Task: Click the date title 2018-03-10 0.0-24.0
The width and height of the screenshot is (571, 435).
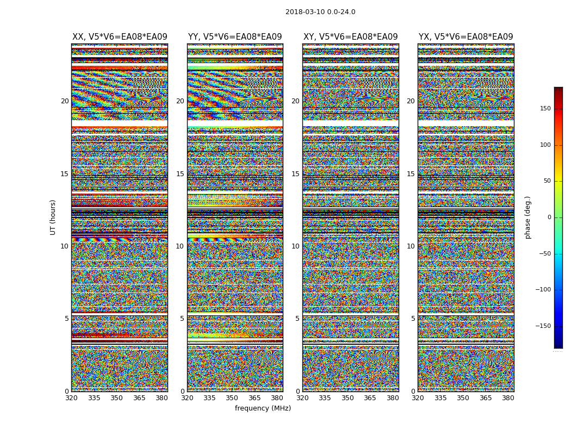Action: (320, 12)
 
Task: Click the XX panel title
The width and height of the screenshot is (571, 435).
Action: (120, 37)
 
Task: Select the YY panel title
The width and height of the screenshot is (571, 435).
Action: (235, 37)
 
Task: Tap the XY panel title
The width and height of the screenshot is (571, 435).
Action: (350, 37)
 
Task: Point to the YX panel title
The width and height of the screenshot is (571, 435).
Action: (466, 37)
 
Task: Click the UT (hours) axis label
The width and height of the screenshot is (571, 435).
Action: (53, 217)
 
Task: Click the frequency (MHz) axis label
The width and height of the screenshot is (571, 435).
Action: (263, 408)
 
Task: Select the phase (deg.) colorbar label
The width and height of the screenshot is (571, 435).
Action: (527, 217)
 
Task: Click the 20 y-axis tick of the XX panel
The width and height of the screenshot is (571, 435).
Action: (65, 101)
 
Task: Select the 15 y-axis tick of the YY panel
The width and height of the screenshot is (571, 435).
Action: (180, 174)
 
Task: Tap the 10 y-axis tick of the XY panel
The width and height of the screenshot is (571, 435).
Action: (295, 246)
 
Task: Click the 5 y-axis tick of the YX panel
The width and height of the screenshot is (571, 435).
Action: (413, 319)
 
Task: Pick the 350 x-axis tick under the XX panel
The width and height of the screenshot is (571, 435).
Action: (116, 397)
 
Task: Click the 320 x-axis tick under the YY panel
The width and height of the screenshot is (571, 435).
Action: (187, 397)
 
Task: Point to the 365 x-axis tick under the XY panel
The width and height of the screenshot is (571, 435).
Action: (370, 397)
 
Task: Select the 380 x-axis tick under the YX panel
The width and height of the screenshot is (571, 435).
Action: (508, 397)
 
